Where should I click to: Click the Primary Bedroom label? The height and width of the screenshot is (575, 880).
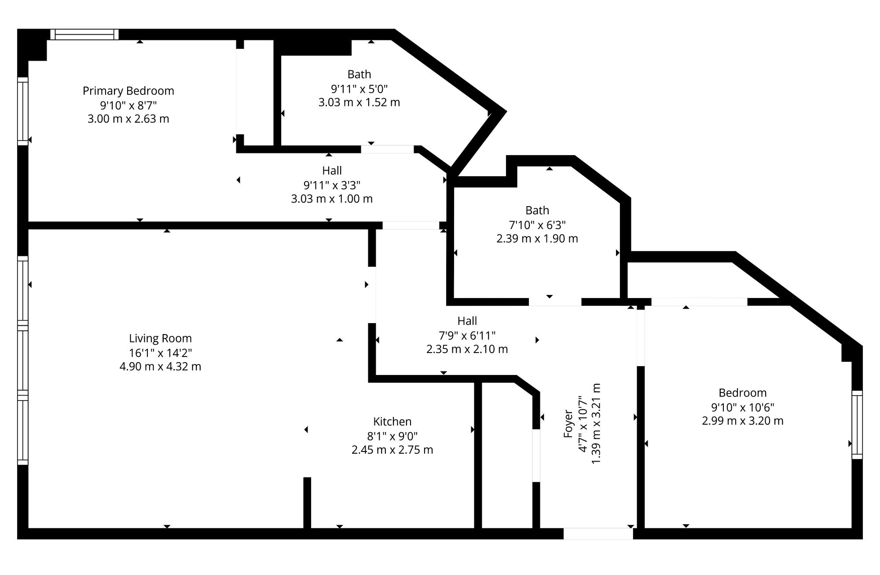tap(128, 91)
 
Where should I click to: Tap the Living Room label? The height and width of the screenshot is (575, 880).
tap(161, 338)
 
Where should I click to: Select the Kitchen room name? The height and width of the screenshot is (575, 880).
tap(392, 422)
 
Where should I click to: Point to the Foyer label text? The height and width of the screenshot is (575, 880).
tap(568, 424)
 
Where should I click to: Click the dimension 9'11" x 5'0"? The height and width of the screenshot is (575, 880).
tap(359, 88)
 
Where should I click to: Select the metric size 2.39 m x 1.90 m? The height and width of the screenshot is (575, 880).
tap(537, 239)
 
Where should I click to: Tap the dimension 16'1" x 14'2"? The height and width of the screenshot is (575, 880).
tap(161, 353)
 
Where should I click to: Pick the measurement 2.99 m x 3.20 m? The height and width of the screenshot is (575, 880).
tap(743, 421)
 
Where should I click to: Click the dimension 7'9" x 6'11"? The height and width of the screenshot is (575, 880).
tap(467, 335)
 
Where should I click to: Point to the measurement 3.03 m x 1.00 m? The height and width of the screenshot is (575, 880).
tap(332, 199)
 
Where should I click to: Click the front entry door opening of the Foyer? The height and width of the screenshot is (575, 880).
tap(598, 534)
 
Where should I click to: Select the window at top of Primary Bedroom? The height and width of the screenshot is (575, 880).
tap(84, 34)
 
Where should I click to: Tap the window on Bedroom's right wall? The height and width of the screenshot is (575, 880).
tap(857, 425)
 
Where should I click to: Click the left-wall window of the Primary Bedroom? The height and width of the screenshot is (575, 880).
tap(23, 111)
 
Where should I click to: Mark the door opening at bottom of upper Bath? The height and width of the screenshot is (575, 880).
tap(388, 149)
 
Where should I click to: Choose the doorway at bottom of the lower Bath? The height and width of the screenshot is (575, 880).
tap(555, 302)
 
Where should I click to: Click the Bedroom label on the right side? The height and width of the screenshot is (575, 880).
tap(743, 393)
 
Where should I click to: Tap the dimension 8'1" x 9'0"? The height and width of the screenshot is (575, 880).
tap(392, 436)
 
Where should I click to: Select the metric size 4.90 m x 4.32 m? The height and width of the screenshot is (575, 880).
tap(161, 367)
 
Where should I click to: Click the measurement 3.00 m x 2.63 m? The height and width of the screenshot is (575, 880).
tap(128, 119)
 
